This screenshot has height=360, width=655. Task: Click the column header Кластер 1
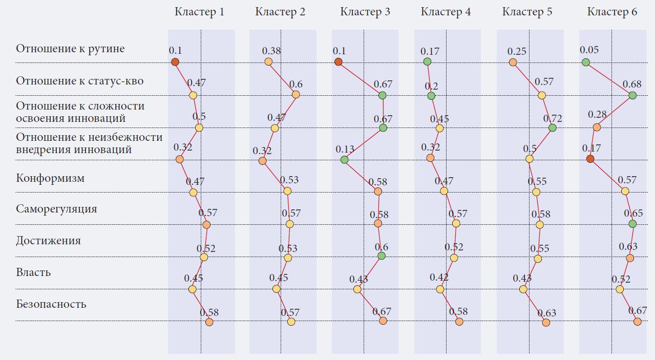click(x=199, y=12)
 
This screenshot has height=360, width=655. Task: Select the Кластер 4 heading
click(x=446, y=12)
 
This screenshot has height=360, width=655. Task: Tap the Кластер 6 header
click(x=612, y=12)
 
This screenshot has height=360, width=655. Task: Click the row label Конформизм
click(x=50, y=179)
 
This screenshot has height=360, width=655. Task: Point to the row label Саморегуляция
click(x=56, y=209)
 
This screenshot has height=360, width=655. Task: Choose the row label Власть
click(x=33, y=272)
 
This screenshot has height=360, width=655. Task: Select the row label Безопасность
click(x=51, y=304)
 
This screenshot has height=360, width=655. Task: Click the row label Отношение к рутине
click(x=70, y=49)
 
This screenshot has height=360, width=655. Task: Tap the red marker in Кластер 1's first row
click(x=175, y=62)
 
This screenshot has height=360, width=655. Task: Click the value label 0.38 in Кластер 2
click(x=271, y=51)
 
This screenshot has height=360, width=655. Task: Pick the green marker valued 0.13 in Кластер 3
click(x=344, y=160)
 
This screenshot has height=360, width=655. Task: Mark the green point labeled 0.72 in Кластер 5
click(x=552, y=128)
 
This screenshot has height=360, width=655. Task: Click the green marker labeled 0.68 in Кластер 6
click(x=632, y=95)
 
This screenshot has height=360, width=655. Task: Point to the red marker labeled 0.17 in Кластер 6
click(x=590, y=159)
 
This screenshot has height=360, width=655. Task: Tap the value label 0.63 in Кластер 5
click(x=546, y=313)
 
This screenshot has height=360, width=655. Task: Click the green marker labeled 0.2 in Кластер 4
click(x=431, y=96)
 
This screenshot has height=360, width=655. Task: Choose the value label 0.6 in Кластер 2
click(x=296, y=84)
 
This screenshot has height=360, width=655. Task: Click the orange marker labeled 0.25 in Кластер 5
click(x=513, y=62)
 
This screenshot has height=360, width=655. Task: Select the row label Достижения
click(x=48, y=241)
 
